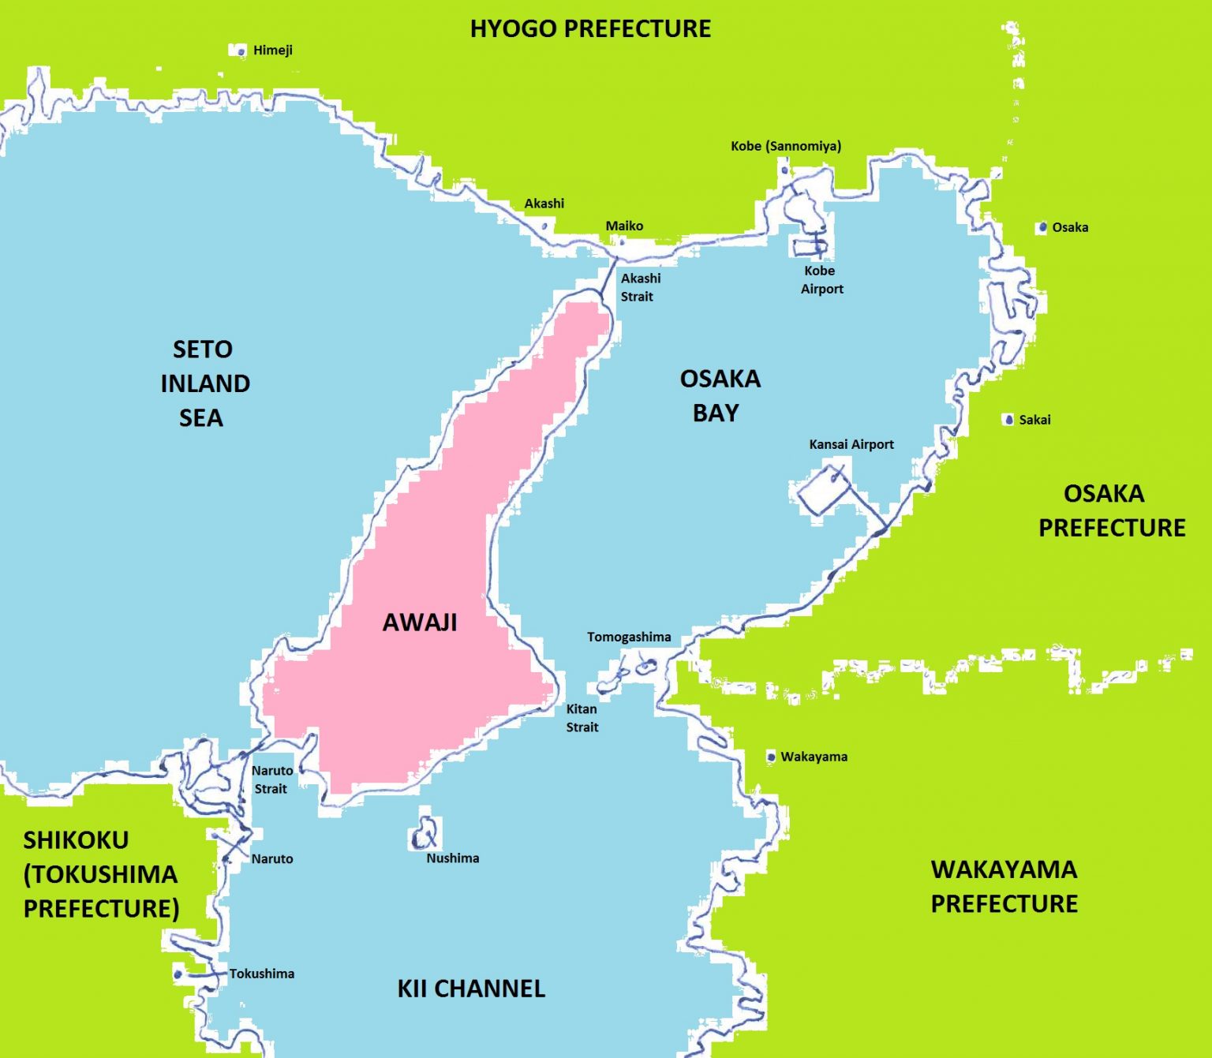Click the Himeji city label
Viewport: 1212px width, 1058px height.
click(272, 50)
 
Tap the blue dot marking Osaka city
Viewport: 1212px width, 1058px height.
click(1042, 227)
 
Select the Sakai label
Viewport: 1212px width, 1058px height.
click(1034, 420)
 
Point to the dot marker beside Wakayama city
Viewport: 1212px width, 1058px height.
click(771, 757)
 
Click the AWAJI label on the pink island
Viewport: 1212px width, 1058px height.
click(420, 622)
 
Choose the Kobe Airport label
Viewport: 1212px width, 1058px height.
click(821, 280)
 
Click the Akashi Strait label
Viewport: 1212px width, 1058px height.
click(640, 287)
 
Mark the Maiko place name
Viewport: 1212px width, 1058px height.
click(624, 226)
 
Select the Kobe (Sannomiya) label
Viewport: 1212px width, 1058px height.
click(785, 146)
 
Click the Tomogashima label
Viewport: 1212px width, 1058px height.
click(629, 637)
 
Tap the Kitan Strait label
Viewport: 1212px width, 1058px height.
click(582, 718)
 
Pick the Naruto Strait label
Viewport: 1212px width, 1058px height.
click(271, 779)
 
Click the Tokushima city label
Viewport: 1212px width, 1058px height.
click(261, 974)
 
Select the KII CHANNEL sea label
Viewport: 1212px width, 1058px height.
click(471, 989)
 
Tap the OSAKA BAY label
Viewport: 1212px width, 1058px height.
click(719, 395)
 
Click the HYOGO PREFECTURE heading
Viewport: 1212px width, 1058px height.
click(590, 29)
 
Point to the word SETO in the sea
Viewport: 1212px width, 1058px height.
click(203, 350)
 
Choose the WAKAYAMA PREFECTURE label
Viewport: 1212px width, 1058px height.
click(1004, 886)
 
